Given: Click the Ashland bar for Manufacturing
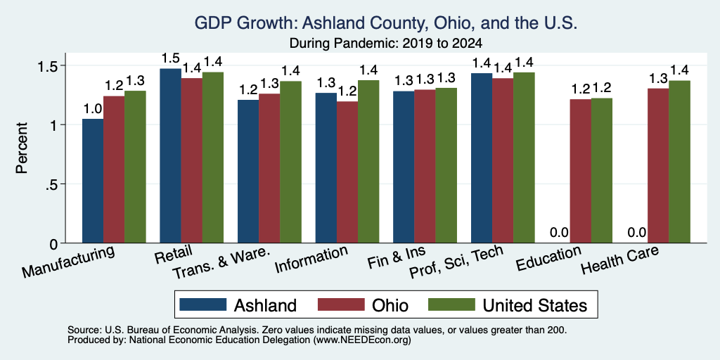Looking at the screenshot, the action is (x=93, y=181).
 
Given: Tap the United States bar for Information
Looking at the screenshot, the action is (x=368, y=162).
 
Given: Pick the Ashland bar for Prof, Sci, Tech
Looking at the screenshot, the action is (x=482, y=158).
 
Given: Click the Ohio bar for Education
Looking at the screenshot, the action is (x=580, y=171).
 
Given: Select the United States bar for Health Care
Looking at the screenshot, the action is (x=680, y=162).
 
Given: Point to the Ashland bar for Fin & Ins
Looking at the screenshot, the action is (x=404, y=167).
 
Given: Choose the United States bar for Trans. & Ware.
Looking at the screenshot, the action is (x=291, y=162).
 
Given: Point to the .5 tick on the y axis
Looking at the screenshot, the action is (x=53, y=184).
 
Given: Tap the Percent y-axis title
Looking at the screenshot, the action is (x=22, y=148).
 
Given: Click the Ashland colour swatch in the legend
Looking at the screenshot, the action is (x=203, y=304).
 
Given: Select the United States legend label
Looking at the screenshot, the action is (x=535, y=305).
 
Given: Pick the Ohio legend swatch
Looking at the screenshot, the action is (x=341, y=304).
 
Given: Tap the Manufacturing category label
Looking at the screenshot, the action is (x=68, y=262).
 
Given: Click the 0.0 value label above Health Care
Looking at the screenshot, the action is (x=637, y=232).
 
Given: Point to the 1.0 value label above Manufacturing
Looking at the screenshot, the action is (x=93, y=108).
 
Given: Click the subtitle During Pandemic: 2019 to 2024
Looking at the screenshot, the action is (x=386, y=43).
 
